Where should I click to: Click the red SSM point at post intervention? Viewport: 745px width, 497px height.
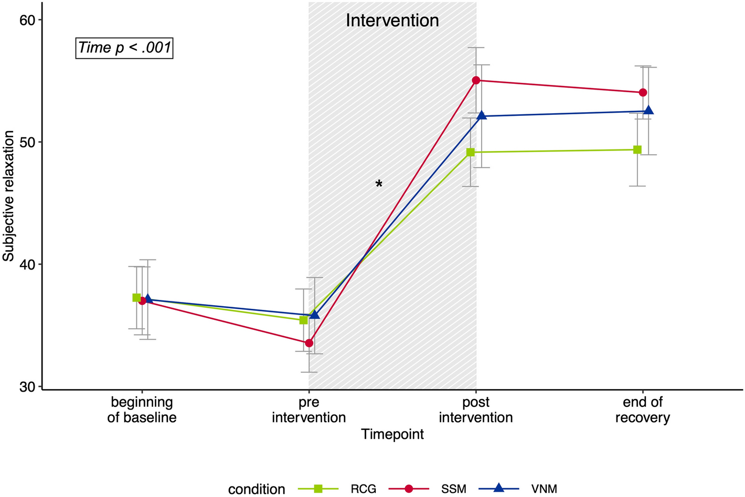coord(476,80)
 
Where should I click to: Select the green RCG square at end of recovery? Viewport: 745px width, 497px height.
coord(637,150)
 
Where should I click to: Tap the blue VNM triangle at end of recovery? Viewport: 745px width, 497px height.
coord(648,110)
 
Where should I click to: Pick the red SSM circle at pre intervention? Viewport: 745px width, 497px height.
coord(309,343)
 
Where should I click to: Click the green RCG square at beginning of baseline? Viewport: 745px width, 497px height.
coord(136,298)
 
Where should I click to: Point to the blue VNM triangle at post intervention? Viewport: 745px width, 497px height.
coord(482,115)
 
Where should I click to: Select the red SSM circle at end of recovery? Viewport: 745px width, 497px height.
coord(643,92)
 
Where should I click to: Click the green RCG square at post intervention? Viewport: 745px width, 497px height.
coord(471,152)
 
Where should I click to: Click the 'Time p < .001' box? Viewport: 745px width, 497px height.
coord(124,48)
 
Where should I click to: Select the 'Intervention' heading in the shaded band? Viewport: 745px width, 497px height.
coord(392,20)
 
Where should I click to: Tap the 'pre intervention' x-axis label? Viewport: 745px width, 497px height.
coord(309,410)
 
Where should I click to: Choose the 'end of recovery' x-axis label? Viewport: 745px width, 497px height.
coord(643,410)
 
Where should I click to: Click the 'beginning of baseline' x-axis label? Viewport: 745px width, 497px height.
coord(142,410)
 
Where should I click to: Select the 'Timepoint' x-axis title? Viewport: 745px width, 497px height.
coord(392,434)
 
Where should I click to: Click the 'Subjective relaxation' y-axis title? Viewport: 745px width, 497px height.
coord(8,196)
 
